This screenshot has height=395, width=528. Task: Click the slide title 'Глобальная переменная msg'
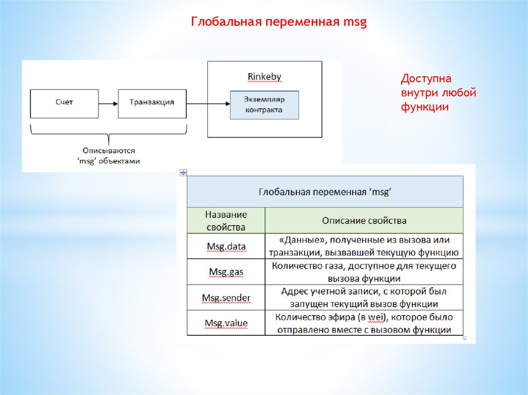coord(278,22)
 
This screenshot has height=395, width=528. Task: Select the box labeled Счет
coord(64,103)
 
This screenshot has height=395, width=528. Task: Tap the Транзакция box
coord(152,103)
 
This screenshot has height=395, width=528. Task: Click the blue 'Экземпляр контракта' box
coord(264,106)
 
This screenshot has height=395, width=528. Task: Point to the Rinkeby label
coord(265,77)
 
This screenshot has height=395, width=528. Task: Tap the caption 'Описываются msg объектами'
coord(109,156)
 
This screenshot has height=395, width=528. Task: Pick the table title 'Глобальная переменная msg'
coord(325,192)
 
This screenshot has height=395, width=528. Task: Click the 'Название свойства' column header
coord(226,220)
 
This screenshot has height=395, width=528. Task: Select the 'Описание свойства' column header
coord(364,220)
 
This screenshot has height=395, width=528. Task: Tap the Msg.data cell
coord(226,246)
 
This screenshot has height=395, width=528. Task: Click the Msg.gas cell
coord(226,272)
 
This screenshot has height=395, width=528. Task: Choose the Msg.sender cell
coord(226,298)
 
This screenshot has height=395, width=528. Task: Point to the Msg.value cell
coord(226,323)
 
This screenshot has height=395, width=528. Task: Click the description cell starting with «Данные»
coord(364,246)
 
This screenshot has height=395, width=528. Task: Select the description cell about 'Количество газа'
coord(364,272)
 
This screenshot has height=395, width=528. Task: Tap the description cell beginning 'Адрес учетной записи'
coord(364,298)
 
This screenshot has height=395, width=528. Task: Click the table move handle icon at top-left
coord(183,173)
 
